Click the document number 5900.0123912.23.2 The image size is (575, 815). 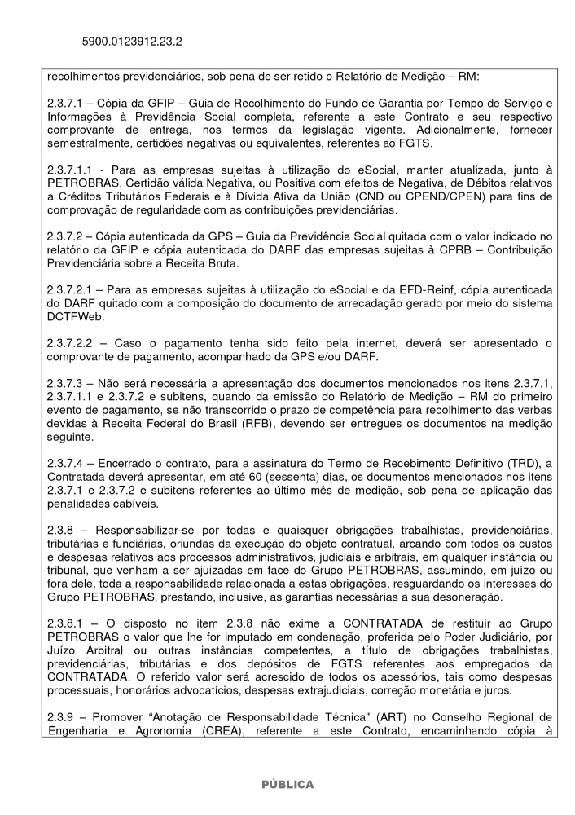132,40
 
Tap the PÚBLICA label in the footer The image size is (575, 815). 287,784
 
